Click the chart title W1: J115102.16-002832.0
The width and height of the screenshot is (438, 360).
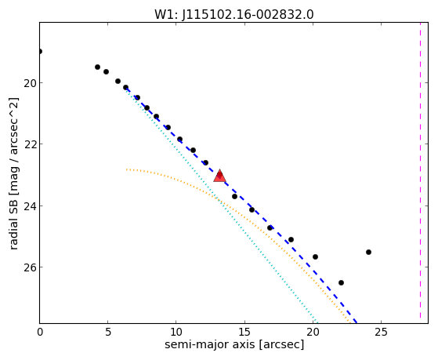(234, 14)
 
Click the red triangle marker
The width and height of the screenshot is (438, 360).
(219, 176)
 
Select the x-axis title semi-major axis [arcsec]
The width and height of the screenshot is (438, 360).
(234, 344)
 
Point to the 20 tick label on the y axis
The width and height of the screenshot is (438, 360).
(30, 83)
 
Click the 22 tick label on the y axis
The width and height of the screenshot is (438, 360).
(30, 144)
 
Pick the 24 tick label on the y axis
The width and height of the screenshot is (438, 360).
(30, 206)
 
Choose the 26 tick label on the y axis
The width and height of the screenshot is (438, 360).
(30, 267)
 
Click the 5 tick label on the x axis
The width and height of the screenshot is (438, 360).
(108, 332)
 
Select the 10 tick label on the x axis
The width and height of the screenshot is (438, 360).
(176, 332)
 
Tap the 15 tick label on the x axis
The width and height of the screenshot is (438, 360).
(244, 332)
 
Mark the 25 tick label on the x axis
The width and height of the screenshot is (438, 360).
(381, 332)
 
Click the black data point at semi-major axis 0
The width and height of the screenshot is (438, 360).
(40, 51)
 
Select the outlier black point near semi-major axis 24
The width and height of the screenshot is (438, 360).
(368, 252)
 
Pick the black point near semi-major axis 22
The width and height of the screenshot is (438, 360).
(341, 283)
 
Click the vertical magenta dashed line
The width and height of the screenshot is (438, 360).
(420, 173)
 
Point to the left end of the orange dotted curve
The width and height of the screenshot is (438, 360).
(126, 169)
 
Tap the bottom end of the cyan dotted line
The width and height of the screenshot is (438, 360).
(317, 322)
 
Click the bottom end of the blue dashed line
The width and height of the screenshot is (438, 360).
(357, 322)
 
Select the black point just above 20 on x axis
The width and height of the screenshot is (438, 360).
(315, 256)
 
